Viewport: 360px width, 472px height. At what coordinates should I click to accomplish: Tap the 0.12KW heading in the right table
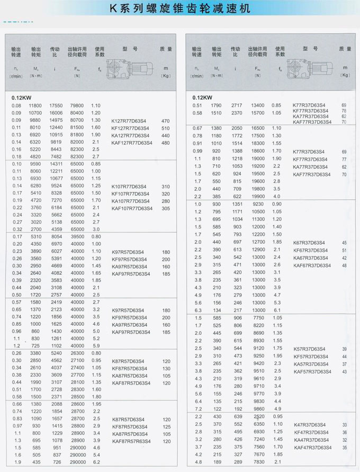[203, 97]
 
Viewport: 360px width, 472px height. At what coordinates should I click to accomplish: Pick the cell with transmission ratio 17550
[56, 105]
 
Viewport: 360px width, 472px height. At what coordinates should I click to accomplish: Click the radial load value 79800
[77, 105]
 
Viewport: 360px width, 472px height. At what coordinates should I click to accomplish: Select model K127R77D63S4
[129, 121]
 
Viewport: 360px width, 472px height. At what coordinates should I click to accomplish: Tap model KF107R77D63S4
[129, 194]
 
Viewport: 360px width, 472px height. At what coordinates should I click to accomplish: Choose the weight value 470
[165, 121]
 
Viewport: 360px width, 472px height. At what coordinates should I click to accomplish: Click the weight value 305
[165, 209]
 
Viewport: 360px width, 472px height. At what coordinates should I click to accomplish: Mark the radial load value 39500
[77, 236]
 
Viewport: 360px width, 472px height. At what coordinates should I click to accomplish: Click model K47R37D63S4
[310, 425]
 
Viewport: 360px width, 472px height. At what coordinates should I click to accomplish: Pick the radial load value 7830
[259, 461]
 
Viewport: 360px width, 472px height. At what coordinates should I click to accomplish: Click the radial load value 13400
[258, 105]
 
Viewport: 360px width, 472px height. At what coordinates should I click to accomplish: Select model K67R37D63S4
[310, 243]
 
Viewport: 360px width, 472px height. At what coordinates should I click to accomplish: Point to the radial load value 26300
[77, 353]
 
